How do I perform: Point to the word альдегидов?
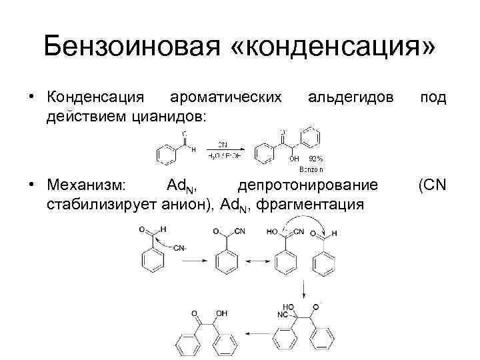(350, 97)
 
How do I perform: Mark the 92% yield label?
(316, 159)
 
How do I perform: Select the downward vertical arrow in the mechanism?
(304, 289)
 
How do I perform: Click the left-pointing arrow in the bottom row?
(257, 331)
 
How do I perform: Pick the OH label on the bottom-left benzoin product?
(221, 312)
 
